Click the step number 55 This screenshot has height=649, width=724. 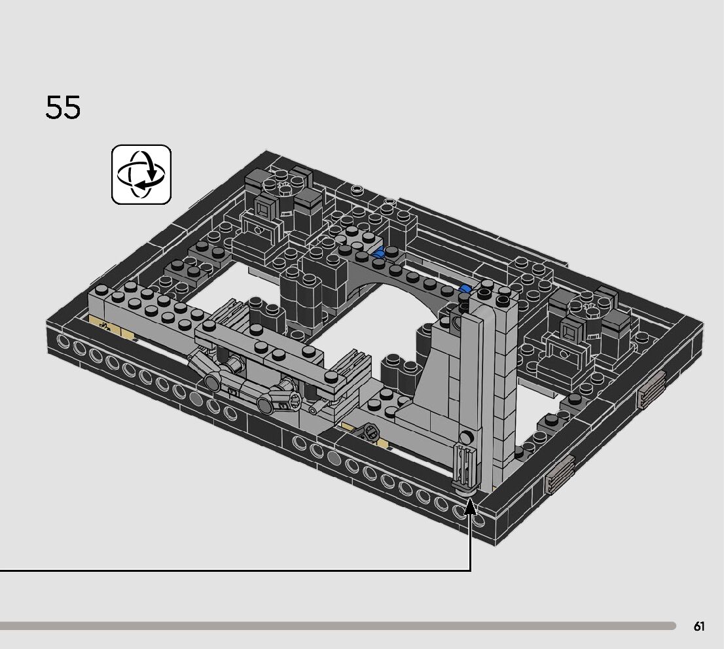pos(63,107)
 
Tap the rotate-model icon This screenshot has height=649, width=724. pos(141,175)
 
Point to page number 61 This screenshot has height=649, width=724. pos(699,626)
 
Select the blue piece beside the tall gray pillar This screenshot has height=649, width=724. pos(465,289)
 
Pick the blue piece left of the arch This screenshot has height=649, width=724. pos(380,252)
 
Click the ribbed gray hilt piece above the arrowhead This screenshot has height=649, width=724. pos(464,466)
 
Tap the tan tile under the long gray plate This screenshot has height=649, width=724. pos(111,327)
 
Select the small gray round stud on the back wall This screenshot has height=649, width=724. pos(357,189)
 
